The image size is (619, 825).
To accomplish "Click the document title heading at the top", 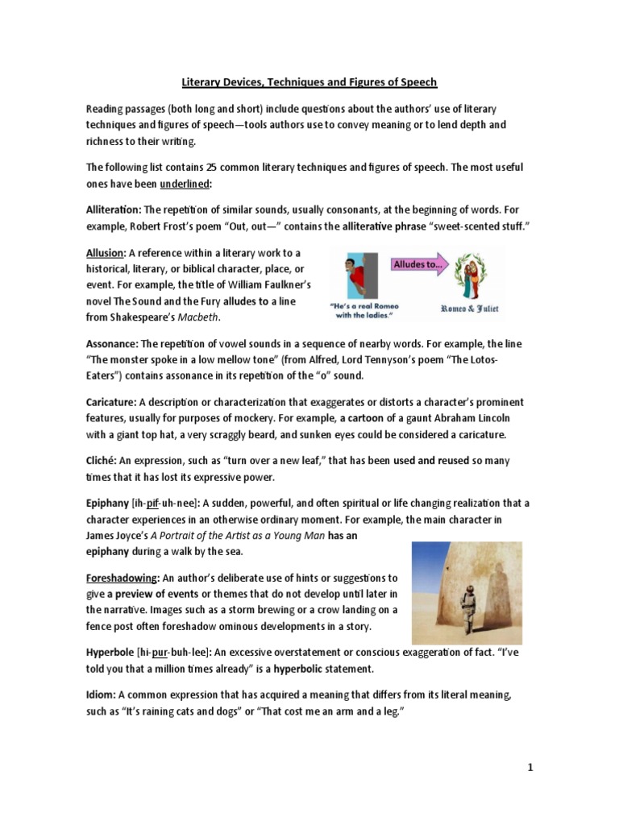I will (309, 82).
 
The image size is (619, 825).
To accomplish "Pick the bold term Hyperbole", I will (110, 652).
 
